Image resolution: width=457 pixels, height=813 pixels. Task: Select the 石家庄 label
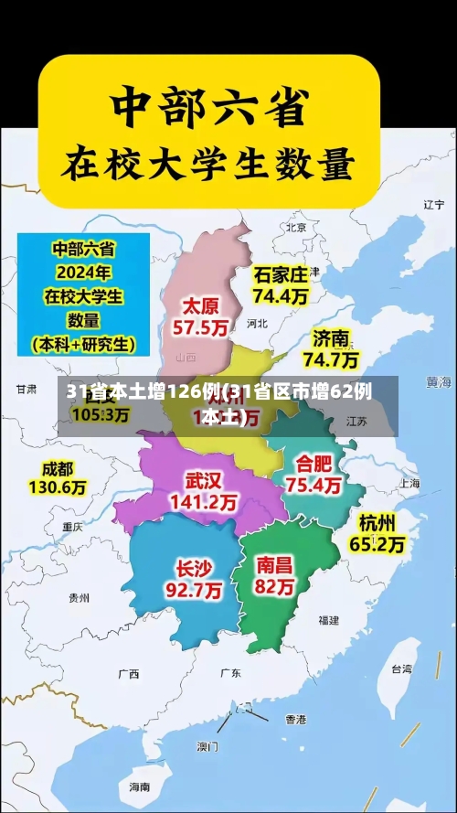pyautogui.click(x=281, y=274)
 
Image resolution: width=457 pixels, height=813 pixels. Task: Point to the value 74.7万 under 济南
pyautogui.click(x=331, y=358)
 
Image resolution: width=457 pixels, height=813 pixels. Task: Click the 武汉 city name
pyautogui.click(x=203, y=480)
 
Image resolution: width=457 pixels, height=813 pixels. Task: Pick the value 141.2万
pyautogui.click(x=203, y=502)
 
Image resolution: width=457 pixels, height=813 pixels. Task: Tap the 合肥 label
pyautogui.click(x=314, y=463)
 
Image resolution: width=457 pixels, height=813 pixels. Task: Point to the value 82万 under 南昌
pyautogui.click(x=274, y=586)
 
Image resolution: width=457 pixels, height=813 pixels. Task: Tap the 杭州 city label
pyautogui.click(x=377, y=522)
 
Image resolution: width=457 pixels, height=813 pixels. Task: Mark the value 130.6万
pyautogui.click(x=57, y=487)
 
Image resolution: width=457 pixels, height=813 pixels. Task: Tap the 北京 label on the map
pyautogui.click(x=296, y=227)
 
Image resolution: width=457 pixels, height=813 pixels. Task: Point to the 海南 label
pyautogui.click(x=139, y=786)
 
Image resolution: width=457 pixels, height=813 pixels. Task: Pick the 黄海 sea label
pyautogui.click(x=439, y=380)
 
